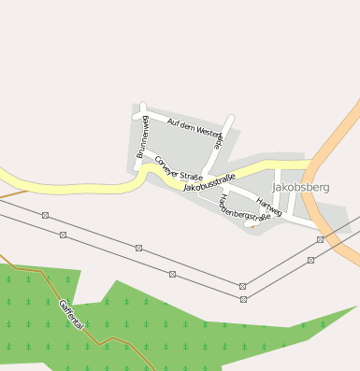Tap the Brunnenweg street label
click(142, 136)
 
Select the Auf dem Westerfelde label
click(196, 130)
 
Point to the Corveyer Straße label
click(179, 169)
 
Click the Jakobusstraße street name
click(209, 181)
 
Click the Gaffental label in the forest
click(71, 314)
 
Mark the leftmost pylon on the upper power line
click(45, 215)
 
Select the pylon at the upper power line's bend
click(243, 285)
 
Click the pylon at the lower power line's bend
click(243, 299)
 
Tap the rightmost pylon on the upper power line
click(320, 239)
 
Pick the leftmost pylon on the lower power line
click(64, 235)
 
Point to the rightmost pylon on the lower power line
click(310, 260)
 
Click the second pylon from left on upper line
click(138, 248)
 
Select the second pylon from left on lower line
click(172, 274)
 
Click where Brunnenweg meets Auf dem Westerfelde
click(142, 107)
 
